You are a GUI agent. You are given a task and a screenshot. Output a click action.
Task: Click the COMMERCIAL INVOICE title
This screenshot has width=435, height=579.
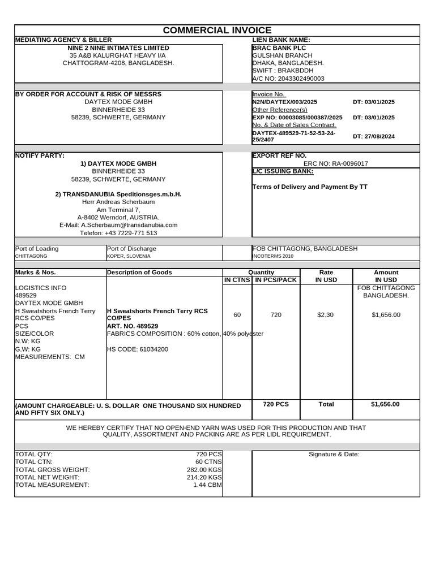[x=217, y=31]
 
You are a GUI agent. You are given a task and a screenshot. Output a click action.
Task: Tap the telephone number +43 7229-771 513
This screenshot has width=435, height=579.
[x=118, y=232]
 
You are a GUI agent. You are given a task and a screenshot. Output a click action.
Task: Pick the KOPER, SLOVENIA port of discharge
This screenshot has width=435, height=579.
[x=129, y=256]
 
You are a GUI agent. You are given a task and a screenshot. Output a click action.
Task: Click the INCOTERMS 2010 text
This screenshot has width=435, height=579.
[x=272, y=256]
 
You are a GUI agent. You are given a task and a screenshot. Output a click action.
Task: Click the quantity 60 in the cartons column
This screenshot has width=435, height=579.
[x=237, y=314]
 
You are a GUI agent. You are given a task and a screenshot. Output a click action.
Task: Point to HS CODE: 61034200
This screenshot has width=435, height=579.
[x=138, y=349]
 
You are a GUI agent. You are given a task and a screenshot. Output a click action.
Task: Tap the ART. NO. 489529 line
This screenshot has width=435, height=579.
[x=133, y=326]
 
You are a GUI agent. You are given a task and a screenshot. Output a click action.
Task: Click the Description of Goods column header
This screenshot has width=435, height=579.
[x=139, y=273]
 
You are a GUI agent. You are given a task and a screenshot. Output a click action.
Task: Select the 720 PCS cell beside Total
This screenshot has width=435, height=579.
[x=276, y=404]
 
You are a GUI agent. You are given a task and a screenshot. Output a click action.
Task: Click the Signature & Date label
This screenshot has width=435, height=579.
[x=334, y=454]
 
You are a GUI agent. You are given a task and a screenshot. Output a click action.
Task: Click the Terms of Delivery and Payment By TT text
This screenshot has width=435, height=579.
[x=309, y=187]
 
